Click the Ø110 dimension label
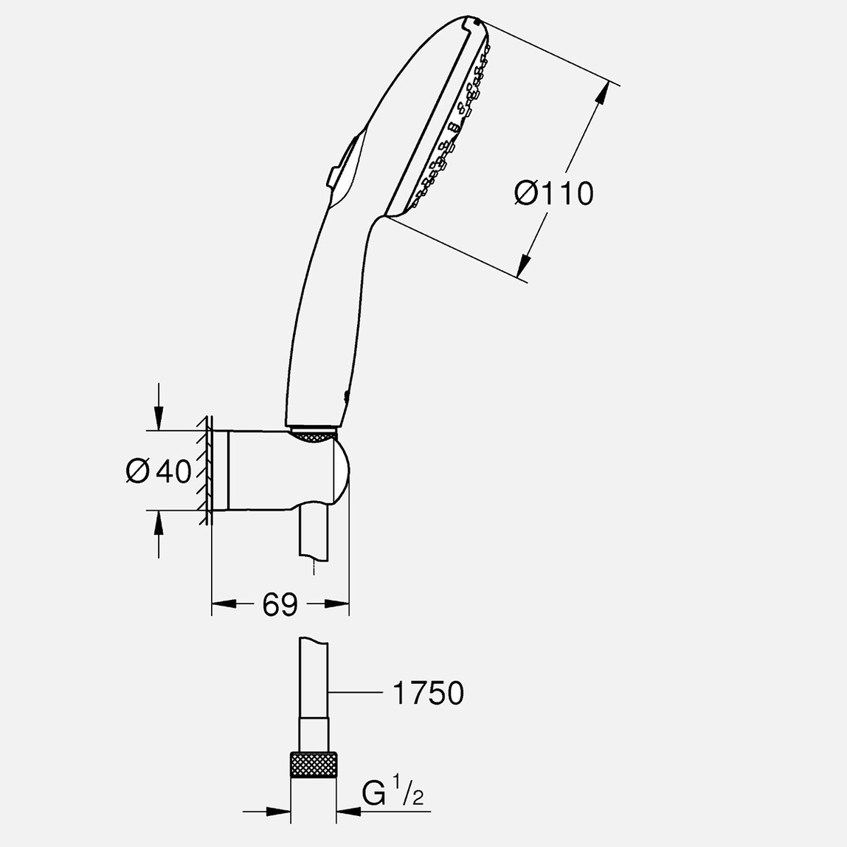click(553, 194)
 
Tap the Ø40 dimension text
click(159, 471)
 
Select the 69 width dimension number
click(280, 605)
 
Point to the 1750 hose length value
click(427, 694)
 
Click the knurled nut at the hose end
click(314, 764)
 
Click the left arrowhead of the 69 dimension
click(221, 605)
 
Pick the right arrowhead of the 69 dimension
click(339, 605)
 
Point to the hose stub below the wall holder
click(314, 535)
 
